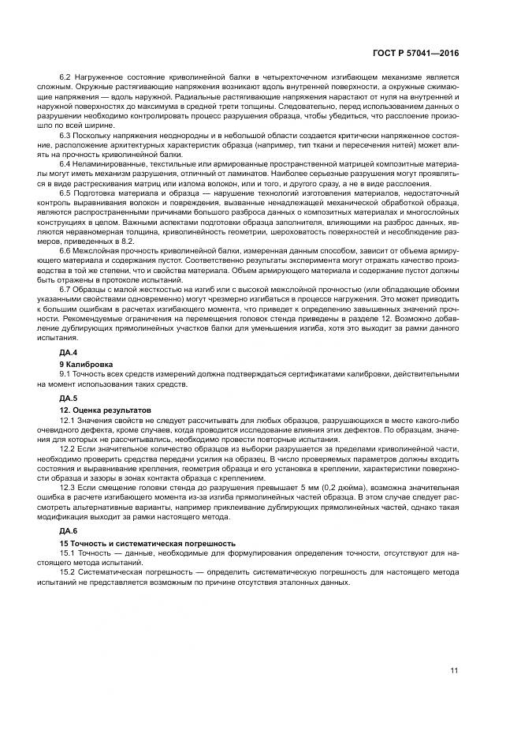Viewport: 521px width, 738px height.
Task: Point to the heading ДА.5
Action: point(69,398)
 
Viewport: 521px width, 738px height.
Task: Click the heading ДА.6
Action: point(69,531)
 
